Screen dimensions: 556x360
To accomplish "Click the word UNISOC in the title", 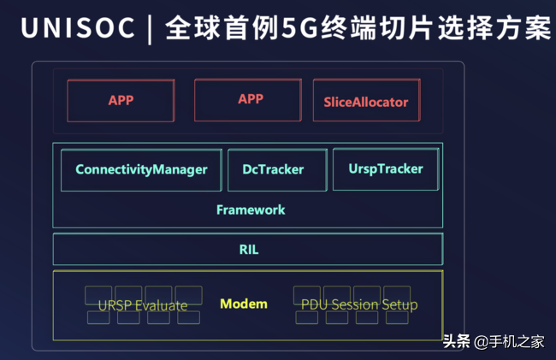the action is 78,27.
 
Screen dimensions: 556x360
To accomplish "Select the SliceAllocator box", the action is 367,100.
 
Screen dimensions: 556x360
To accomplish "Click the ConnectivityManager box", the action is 141,170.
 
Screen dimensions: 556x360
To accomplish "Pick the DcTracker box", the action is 277,170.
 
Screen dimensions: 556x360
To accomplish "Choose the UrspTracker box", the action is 386,169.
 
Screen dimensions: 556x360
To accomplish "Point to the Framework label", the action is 251,210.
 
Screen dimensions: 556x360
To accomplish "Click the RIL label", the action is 249,250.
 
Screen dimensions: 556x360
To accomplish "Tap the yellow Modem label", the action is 244,304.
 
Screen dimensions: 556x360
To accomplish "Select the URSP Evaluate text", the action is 143,305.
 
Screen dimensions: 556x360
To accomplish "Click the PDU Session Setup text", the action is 359,304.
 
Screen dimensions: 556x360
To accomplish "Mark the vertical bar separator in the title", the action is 150,29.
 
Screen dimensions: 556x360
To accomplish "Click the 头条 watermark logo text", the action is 457,341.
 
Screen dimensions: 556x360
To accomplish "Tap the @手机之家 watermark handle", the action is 509,341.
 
